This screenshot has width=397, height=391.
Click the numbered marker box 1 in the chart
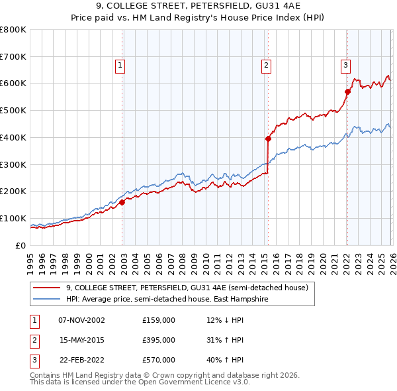(120, 65)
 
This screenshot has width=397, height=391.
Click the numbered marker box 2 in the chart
(265, 65)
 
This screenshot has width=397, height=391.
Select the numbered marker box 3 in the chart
(345, 65)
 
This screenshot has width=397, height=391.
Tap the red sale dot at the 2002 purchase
(122, 203)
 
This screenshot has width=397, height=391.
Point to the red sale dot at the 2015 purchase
(268, 139)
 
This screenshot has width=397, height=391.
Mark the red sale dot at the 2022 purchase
(347, 91)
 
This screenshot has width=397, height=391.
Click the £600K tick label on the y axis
(13, 84)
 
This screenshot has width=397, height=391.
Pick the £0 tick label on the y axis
(21, 246)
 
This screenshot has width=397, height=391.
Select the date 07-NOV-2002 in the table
(81, 320)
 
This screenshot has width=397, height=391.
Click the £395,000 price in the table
(159, 340)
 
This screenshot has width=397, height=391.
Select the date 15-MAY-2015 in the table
(81, 340)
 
